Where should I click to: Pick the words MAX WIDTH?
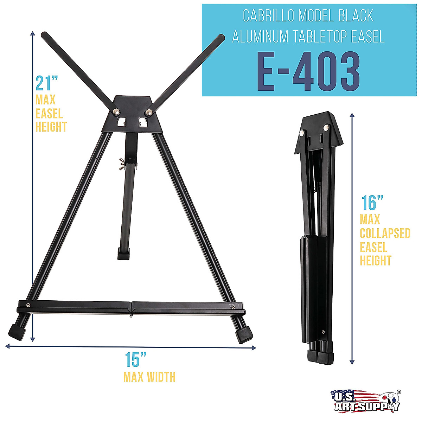(149, 377)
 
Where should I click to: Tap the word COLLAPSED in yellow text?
(385, 233)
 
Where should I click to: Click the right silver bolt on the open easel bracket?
(149, 112)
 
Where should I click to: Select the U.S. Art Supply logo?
(366, 401)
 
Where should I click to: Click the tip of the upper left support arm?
(45, 35)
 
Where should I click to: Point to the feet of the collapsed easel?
(320, 356)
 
